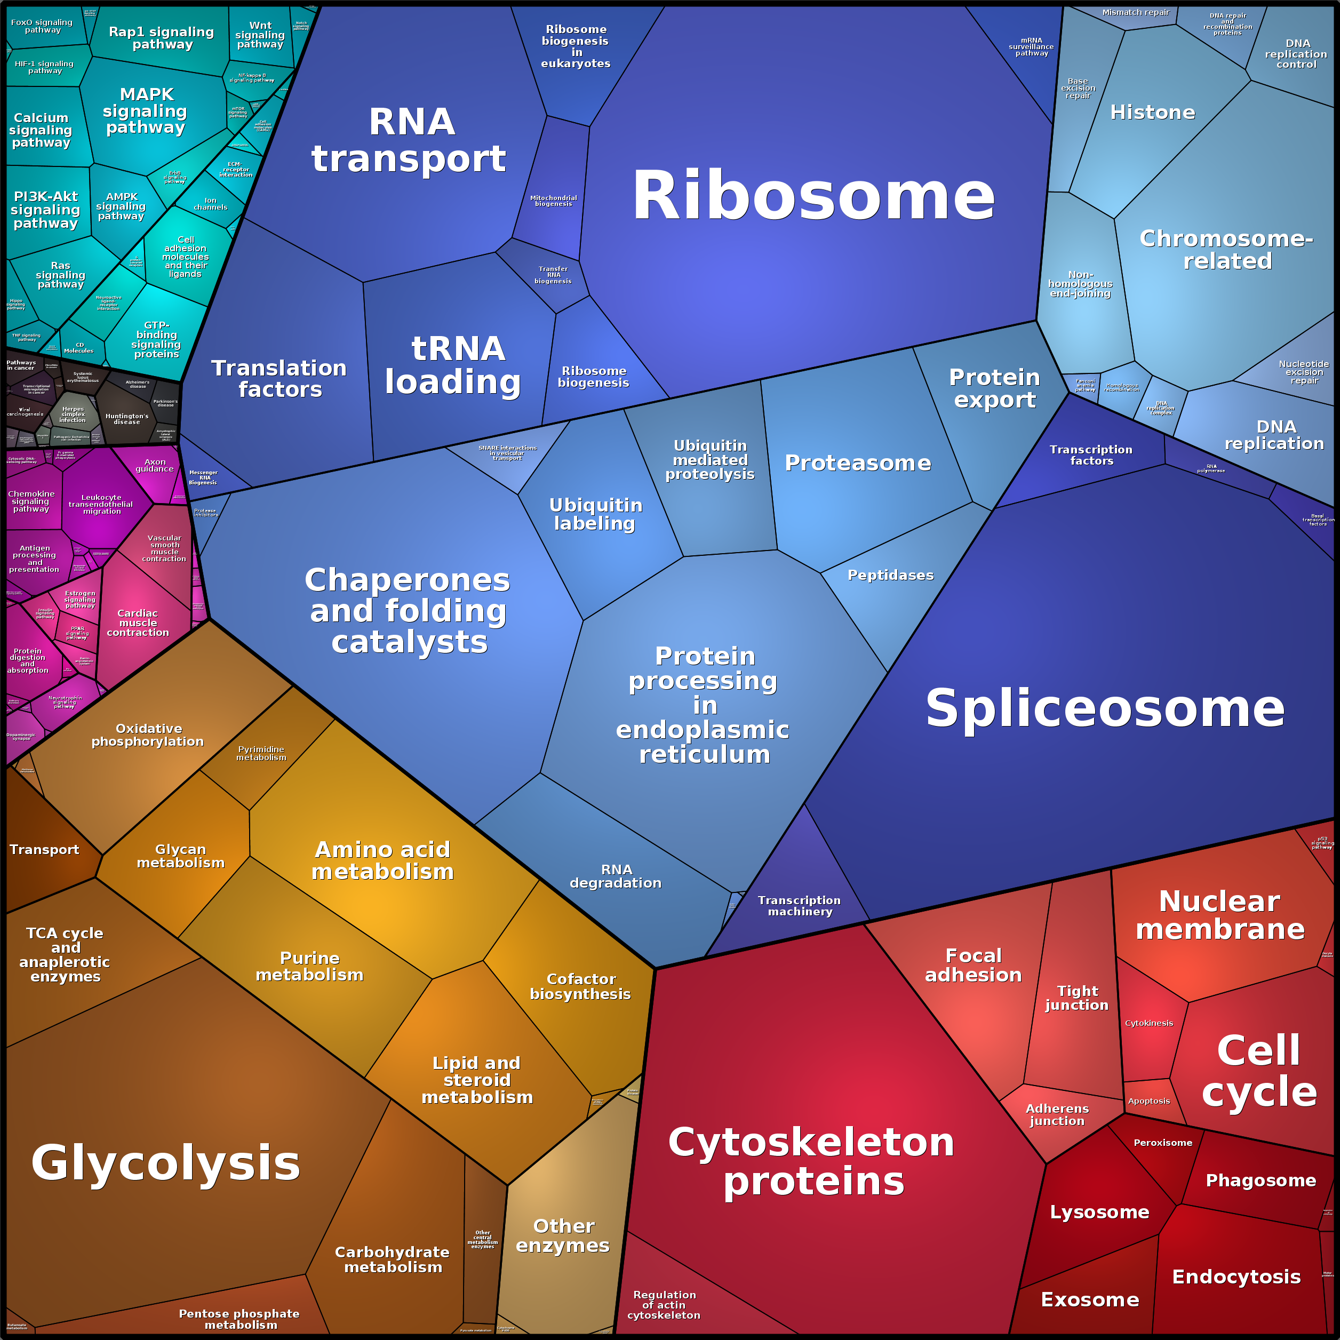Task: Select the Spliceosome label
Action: [x=1105, y=708]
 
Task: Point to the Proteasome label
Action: [x=858, y=462]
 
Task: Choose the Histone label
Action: [x=1152, y=113]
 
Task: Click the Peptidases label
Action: [x=890, y=575]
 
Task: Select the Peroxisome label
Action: [x=1162, y=1142]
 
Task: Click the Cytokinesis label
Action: [x=1148, y=1023]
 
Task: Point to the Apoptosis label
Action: [x=1148, y=1100]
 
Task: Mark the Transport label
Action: [x=44, y=850]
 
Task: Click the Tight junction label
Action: [x=1077, y=998]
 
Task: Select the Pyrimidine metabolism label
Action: [x=261, y=753]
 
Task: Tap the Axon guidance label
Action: [x=155, y=465]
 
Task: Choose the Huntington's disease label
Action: [x=127, y=419]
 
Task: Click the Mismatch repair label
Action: [x=1135, y=12]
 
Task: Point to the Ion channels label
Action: [x=210, y=204]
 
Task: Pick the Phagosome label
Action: [x=1260, y=1181]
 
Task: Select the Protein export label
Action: [x=994, y=388]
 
